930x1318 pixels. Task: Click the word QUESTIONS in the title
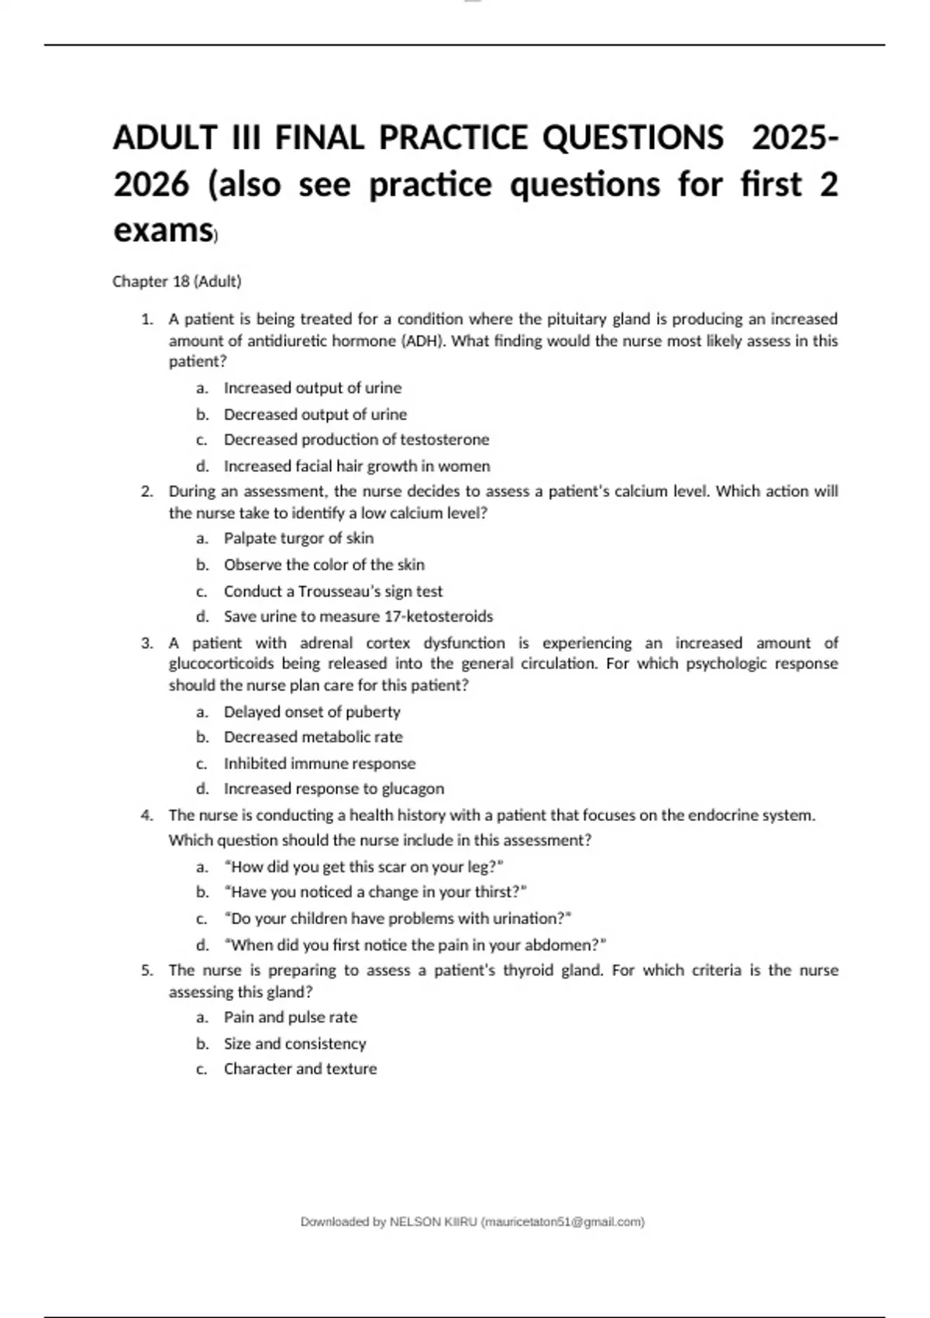(x=632, y=138)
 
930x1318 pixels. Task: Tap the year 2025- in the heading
(x=794, y=138)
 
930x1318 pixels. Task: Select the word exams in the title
(x=163, y=230)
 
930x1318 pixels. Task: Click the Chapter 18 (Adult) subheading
(x=177, y=281)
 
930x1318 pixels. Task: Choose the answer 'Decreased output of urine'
(x=315, y=414)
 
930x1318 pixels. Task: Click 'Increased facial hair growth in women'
(x=356, y=466)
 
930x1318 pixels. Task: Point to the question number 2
(x=146, y=492)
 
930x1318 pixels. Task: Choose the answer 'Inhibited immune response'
(x=319, y=764)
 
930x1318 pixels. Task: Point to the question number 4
(x=146, y=816)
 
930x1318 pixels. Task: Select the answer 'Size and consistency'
(x=294, y=1044)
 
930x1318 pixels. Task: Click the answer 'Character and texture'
(x=300, y=1069)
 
